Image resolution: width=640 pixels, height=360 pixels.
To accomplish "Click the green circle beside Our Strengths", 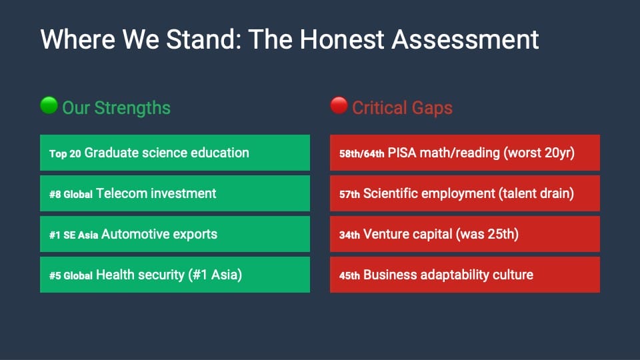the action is point(49,105).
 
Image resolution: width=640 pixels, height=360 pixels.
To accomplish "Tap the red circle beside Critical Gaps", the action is point(339,105).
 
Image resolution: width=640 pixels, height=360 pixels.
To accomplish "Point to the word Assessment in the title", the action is point(465,39).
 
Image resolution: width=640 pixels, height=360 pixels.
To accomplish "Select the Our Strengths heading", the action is point(116,108).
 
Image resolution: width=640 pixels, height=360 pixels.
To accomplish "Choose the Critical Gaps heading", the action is point(403,108).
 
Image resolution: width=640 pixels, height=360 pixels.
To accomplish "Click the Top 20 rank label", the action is point(65,153).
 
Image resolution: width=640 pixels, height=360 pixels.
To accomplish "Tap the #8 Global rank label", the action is point(71,194).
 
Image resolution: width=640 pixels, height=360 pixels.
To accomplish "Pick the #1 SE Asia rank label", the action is point(74,235).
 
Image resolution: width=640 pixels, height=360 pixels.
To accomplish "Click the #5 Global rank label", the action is point(71,276).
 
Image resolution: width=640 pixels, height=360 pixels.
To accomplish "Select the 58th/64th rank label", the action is point(361,153).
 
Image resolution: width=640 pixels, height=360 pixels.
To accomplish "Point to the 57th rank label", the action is point(349,194).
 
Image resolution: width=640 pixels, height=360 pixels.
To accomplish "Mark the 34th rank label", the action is point(349,235).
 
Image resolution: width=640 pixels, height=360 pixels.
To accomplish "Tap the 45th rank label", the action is point(349,276).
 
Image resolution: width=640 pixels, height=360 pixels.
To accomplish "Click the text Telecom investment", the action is point(156,193).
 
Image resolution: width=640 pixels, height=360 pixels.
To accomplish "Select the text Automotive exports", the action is point(159,234).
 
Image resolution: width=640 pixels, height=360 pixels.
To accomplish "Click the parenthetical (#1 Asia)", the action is point(215,275).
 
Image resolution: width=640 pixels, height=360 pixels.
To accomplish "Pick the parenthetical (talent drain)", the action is point(536,193).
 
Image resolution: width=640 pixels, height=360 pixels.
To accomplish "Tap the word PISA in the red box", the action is point(402,153).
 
